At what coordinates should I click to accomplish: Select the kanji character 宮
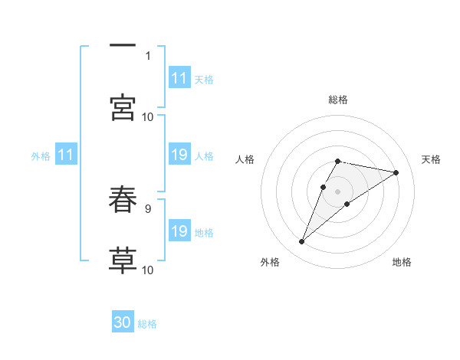point(123,107)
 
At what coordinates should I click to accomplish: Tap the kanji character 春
point(123,200)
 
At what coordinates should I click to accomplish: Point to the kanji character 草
point(123,260)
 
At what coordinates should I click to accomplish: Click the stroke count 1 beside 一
point(148,55)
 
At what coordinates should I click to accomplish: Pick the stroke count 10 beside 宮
point(148,116)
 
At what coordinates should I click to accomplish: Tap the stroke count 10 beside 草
point(148,270)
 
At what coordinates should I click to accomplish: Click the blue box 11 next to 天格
point(179,78)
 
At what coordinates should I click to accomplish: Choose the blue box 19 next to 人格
point(179,155)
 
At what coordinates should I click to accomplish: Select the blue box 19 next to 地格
point(179,232)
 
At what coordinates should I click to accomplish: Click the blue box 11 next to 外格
point(66,155)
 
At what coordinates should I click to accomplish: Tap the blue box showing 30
point(123,323)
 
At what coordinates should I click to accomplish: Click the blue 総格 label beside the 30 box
point(147,324)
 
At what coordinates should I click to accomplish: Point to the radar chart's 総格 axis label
point(338,100)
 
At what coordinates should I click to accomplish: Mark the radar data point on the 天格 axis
point(396,172)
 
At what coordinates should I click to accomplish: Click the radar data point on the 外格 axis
point(301,242)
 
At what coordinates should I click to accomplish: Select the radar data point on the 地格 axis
point(347,204)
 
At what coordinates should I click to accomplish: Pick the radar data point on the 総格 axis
point(338,161)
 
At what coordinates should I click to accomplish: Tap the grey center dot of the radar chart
point(338,191)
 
